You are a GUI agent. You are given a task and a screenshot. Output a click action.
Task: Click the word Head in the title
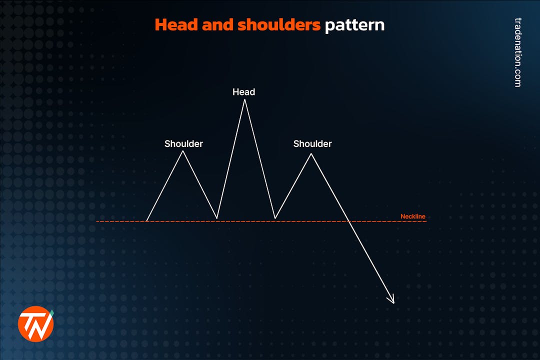(176, 24)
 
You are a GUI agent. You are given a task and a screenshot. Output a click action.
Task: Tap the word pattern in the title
(354, 25)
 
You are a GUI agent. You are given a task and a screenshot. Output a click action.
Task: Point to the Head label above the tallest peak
(243, 92)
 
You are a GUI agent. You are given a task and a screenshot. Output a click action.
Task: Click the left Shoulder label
(183, 144)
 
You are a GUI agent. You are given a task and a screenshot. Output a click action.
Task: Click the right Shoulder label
(312, 144)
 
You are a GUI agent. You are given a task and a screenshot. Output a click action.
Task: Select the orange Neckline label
(413, 216)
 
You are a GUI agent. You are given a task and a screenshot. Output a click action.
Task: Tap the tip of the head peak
(244, 99)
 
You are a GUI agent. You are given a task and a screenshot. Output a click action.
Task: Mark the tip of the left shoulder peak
(183, 151)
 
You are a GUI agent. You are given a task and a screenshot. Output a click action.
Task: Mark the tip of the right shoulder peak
(311, 153)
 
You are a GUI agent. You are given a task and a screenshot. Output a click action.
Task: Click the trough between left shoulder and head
(217, 218)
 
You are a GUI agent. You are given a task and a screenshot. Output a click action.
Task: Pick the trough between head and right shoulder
(275, 218)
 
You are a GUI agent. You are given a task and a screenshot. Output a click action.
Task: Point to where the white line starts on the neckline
(146, 221)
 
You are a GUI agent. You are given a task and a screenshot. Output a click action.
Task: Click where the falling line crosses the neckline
(348, 221)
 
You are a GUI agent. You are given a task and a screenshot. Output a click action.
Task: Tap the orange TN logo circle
(35, 324)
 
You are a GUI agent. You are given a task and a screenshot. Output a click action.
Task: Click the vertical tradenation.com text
(517, 52)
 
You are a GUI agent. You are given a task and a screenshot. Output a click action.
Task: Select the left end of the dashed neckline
(97, 221)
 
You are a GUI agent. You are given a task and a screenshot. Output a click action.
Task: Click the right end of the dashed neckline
(426, 221)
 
